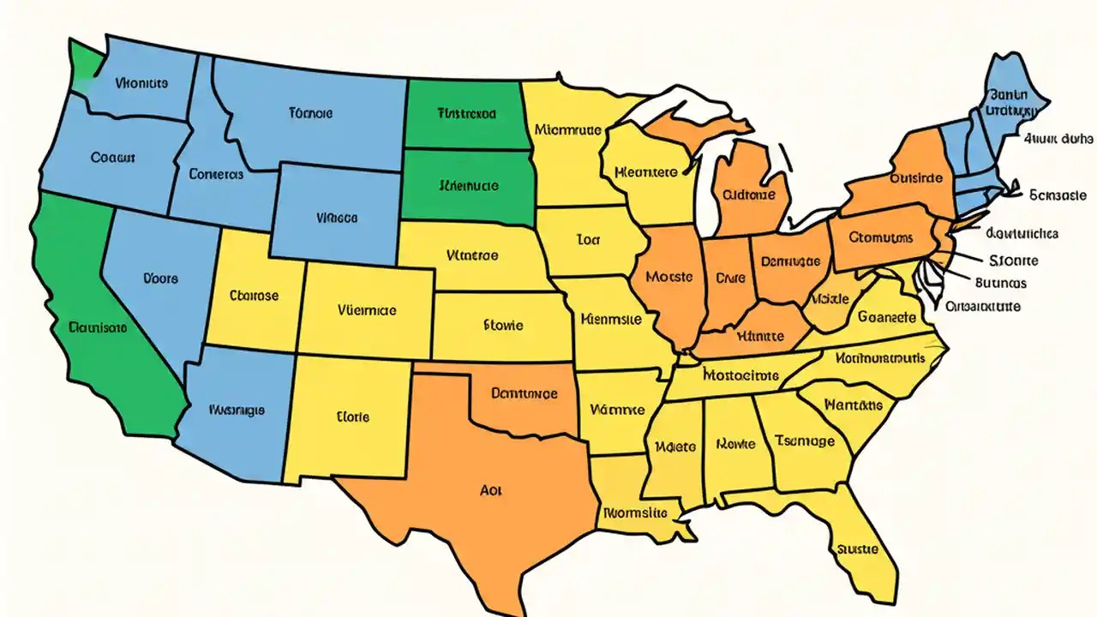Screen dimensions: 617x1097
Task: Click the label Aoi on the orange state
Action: click(x=491, y=491)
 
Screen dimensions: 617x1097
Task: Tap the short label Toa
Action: click(x=588, y=241)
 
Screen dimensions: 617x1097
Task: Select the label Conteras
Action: click(x=216, y=174)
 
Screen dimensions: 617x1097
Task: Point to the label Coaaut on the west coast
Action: click(x=113, y=158)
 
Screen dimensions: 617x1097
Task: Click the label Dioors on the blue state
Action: click(x=160, y=278)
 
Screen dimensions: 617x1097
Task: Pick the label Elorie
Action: click(x=352, y=417)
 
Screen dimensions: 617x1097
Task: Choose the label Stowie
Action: click(x=503, y=325)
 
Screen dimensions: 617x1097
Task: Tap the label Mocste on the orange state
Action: click(x=668, y=277)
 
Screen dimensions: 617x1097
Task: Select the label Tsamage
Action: click(x=804, y=440)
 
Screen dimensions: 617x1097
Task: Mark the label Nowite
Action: click(x=735, y=444)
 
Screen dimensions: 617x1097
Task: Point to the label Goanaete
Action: click(x=886, y=316)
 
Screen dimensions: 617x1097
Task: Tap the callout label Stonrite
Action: click(x=1013, y=261)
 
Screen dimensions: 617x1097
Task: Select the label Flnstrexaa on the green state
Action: click(x=467, y=112)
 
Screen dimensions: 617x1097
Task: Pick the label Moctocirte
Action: click(x=740, y=374)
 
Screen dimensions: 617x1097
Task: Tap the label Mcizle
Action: click(x=830, y=299)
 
